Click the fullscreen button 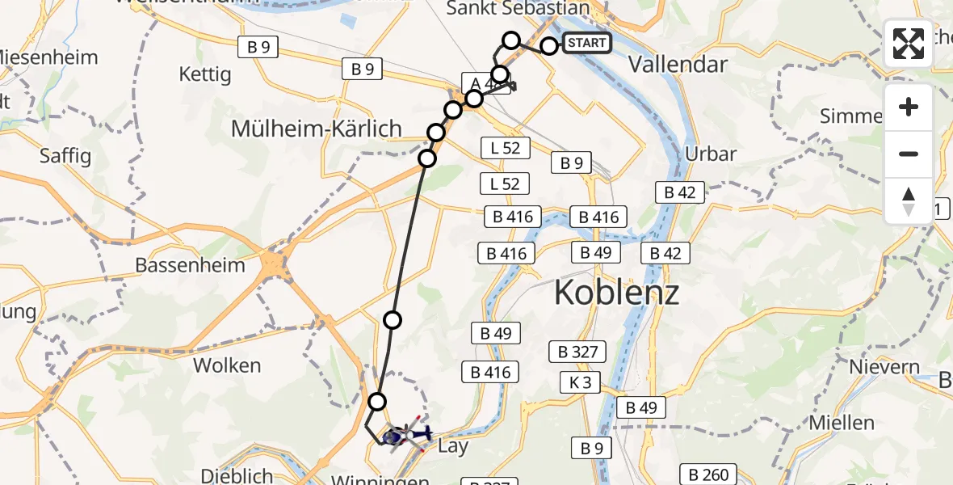coord(909,44)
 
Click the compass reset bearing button coord(909,201)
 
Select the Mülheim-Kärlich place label coord(316,128)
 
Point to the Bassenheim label coord(178,264)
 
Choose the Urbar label coord(710,154)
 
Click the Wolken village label coord(227,365)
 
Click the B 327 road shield coord(577,352)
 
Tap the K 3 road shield coord(581,382)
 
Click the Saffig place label coord(65,156)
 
